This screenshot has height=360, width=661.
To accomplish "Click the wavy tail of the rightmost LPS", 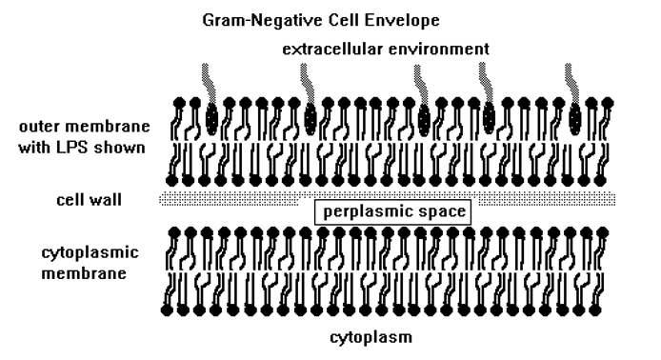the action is (571, 82).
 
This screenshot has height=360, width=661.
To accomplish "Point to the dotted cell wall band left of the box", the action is (229, 199).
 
